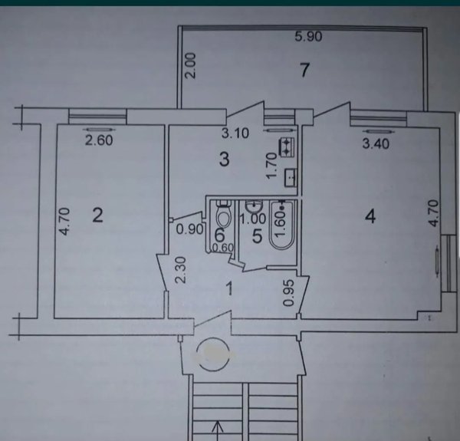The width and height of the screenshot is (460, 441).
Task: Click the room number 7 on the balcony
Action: (305, 70)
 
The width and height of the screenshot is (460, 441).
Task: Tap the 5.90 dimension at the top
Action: (308, 37)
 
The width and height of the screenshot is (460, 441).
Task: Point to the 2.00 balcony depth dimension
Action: (191, 65)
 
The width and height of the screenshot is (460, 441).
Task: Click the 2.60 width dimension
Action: (99, 140)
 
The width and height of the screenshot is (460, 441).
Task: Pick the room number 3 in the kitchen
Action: (225, 160)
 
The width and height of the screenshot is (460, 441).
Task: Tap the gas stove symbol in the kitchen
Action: (287, 147)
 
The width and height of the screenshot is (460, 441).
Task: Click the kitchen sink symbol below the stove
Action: (291, 178)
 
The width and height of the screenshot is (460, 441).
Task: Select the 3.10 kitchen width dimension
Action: (235, 133)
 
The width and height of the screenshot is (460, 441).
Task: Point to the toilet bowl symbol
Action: (224, 213)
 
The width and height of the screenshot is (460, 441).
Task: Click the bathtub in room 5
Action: (281, 225)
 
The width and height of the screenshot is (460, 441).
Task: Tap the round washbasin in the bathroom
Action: (254, 206)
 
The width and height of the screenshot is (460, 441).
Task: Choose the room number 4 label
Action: (370, 217)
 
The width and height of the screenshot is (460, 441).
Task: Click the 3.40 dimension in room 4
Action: (376, 143)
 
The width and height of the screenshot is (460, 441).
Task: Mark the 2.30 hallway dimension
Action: (181, 270)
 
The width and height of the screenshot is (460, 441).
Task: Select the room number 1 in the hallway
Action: (230, 288)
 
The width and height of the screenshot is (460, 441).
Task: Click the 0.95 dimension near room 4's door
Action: (289, 293)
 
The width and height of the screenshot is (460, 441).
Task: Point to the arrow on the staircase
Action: (217, 431)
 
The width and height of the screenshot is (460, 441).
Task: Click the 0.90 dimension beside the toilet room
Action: (190, 229)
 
